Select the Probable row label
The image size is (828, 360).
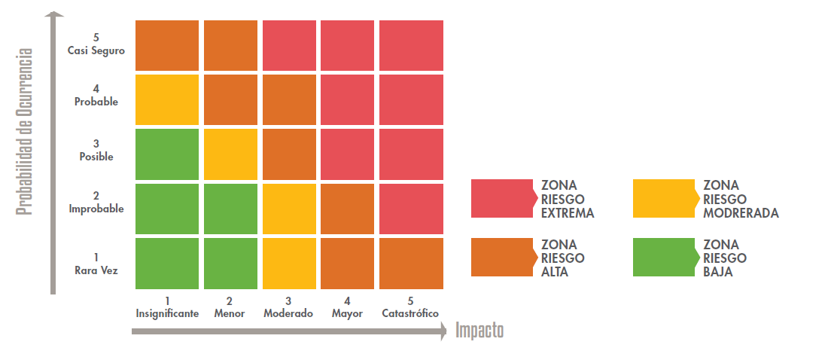pos(96,96)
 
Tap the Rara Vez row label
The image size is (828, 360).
pos(96,264)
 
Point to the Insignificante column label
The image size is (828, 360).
pos(167,308)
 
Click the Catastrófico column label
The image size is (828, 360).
pos(410,308)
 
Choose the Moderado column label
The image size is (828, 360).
pos(288,308)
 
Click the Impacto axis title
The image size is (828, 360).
pos(479,330)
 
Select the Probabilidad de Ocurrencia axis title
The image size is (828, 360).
pos(26,133)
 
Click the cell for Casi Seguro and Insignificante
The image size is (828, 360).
pos(167,45)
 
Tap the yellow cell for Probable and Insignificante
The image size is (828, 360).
pos(167,99)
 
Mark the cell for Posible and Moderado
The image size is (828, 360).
pos(289,154)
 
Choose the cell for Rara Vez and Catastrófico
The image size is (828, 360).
pos(411,264)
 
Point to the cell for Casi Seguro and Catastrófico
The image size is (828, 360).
pos(411,45)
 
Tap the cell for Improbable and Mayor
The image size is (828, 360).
pos(347,209)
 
